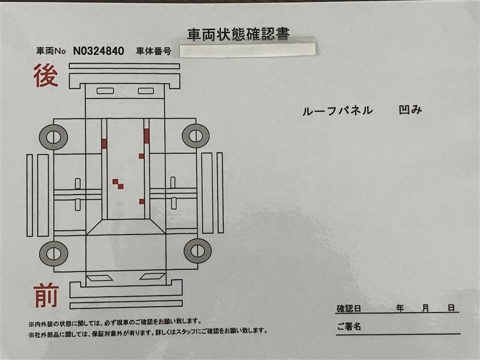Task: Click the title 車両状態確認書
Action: [x=238, y=34]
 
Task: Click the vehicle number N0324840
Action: [x=98, y=51]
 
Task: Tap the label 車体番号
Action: [x=154, y=51]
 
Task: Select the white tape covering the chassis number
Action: [x=247, y=50]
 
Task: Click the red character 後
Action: [x=46, y=76]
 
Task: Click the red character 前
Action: [x=46, y=295]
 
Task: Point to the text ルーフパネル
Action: [x=338, y=110]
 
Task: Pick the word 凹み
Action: [x=410, y=110]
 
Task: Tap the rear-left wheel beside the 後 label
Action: [x=53, y=137]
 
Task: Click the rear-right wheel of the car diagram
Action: [x=196, y=136]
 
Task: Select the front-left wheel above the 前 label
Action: [x=54, y=253]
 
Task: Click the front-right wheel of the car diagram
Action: [x=197, y=251]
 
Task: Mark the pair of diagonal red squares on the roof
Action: [x=118, y=184]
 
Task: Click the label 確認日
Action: [x=349, y=308]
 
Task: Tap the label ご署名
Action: [x=349, y=326]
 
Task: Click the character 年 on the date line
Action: [x=400, y=308]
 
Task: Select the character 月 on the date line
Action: [x=425, y=308]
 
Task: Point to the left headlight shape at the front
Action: [x=100, y=278]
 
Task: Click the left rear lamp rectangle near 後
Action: [x=106, y=91]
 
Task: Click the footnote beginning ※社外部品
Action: [x=148, y=332]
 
